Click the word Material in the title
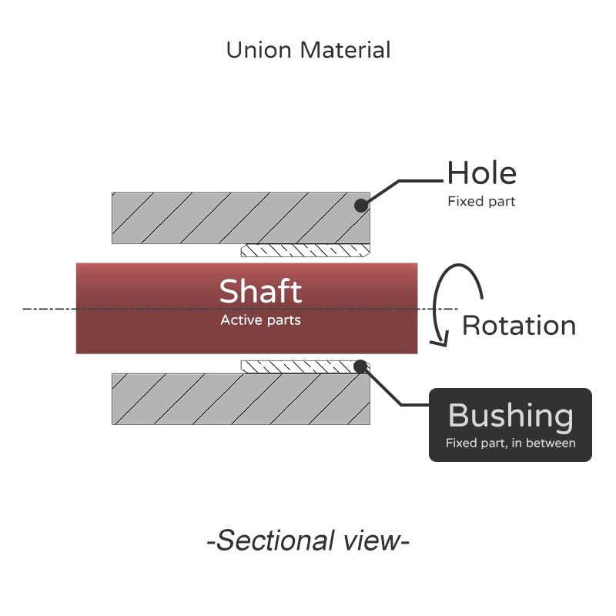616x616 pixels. tap(346, 51)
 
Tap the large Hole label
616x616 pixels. tap(482, 173)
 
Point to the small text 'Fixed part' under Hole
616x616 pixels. tap(481, 202)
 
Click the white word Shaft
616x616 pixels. tap(260, 292)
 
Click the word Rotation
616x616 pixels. tap(519, 326)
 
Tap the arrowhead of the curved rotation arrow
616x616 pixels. tap(439, 340)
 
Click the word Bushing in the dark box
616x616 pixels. tap(511, 416)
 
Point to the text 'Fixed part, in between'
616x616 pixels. tap(511, 443)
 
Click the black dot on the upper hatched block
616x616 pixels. tap(359, 206)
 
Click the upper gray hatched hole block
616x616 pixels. tap(231, 218)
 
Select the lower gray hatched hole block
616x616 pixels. tap(231, 399)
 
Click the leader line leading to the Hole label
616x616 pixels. tap(420, 182)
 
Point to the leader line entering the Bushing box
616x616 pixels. tap(414, 404)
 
